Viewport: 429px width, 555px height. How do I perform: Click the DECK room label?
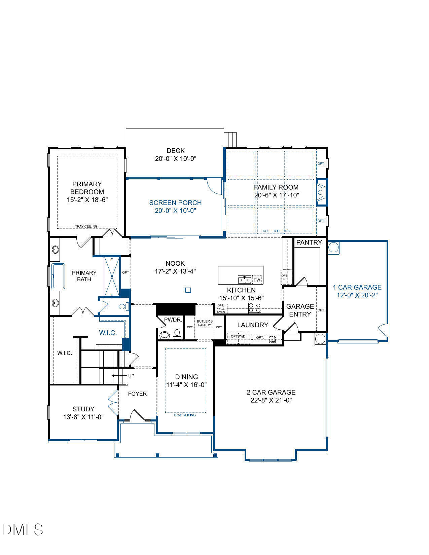click(175, 151)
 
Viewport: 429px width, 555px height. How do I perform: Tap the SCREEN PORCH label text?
click(175, 203)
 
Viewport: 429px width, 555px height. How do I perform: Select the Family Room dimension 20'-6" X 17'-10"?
click(277, 195)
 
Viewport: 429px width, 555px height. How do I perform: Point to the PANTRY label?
click(309, 242)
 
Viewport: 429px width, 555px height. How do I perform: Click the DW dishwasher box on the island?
click(257, 280)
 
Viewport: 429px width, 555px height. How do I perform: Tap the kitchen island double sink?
click(245, 280)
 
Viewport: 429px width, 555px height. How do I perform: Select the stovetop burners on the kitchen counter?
click(255, 308)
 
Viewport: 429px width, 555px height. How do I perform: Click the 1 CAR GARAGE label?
click(357, 287)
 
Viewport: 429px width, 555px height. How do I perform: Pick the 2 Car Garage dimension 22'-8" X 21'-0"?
click(271, 400)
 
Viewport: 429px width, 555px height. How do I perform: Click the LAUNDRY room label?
click(252, 325)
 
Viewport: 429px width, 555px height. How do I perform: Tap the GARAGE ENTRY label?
click(300, 310)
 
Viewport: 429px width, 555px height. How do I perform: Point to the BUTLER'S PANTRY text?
click(205, 323)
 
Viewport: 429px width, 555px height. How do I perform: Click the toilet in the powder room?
click(177, 333)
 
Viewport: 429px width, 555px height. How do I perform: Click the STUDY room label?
click(83, 409)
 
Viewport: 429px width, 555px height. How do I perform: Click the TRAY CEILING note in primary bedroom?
click(86, 226)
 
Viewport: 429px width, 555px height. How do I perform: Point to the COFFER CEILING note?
click(276, 231)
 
